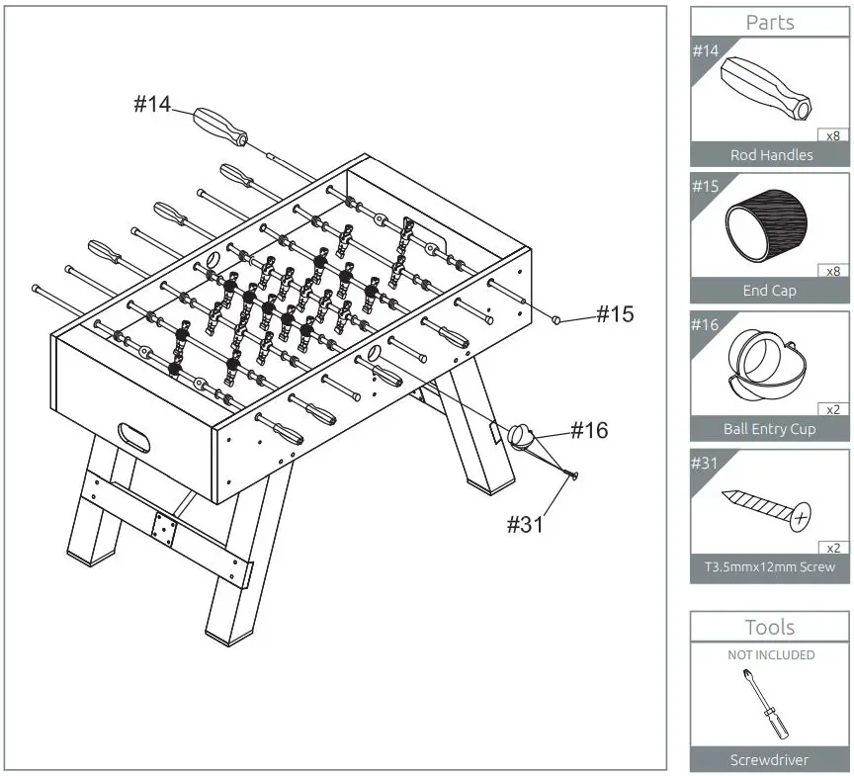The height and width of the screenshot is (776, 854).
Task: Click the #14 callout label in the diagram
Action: pyautogui.click(x=152, y=105)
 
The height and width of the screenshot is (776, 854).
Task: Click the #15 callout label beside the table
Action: pyautogui.click(x=614, y=314)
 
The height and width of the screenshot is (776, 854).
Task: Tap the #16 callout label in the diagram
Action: pyautogui.click(x=589, y=430)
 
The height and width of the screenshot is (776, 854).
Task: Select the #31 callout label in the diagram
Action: pyautogui.click(x=527, y=524)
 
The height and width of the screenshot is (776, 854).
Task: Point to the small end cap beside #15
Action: pyautogui.click(x=557, y=319)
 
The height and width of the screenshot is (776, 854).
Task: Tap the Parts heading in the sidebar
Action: pyautogui.click(x=769, y=22)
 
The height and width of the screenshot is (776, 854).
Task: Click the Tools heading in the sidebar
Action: pyautogui.click(x=769, y=627)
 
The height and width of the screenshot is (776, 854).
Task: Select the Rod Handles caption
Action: pyautogui.click(x=771, y=154)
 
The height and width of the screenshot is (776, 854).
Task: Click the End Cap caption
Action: pyautogui.click(x=769, y=291)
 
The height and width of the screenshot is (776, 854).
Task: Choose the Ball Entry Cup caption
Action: pyautogui.click(x=769, y=429)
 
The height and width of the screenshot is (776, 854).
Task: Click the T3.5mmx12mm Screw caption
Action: pyautogui.click(x=769, y=566)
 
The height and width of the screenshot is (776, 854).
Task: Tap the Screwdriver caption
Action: pyautogui.click(x=769, y=759)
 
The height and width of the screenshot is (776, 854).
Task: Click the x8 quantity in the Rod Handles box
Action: pyautogui.click(x=832, y=135)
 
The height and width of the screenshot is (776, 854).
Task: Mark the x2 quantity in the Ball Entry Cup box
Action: pyautogui.click(x=832, y=409)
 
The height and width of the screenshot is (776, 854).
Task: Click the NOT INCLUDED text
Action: pyautogui.click(x=771, y=654)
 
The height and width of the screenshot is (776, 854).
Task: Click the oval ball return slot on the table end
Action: pyautogui.click(x=133, y=436)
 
